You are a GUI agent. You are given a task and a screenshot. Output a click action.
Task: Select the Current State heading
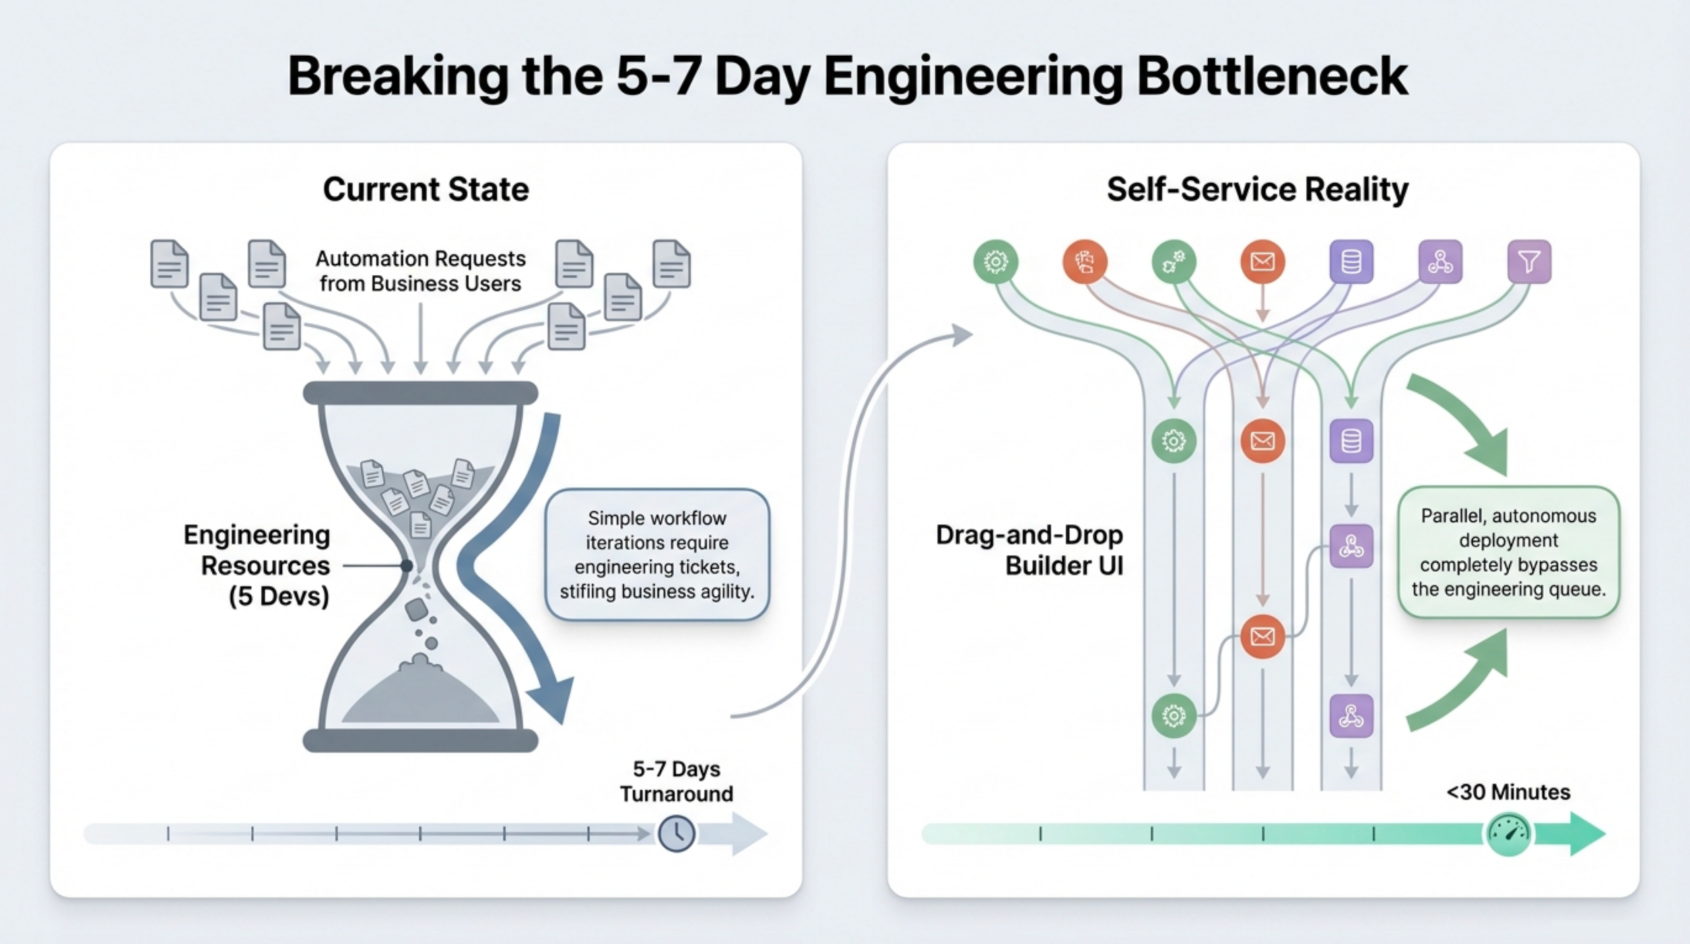point(426,190)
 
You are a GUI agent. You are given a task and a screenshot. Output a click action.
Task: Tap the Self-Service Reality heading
point(1257,190)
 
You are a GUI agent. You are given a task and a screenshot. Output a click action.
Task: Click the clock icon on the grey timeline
point(676,834)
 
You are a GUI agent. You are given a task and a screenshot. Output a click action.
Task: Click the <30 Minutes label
point(1508,792)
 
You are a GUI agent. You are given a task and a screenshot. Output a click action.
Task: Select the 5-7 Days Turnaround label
point(676,781)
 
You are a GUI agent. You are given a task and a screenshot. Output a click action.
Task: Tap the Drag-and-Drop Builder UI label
point(1030,550)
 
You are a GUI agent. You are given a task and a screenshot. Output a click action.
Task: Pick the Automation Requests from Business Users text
point(421,271)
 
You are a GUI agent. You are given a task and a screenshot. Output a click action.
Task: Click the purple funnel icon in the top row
point(1529,262)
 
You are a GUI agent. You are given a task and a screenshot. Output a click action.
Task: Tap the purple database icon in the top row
point(1351,262)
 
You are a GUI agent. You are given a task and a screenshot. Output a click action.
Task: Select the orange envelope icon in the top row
point(1262,262)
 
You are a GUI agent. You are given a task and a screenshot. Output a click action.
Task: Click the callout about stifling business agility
point(657,555)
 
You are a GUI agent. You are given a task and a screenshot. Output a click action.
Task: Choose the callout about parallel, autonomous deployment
point(1508,552)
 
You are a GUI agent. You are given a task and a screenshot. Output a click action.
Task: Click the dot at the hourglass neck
point(407,565)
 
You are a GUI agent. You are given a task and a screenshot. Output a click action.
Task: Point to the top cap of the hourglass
point(421,393)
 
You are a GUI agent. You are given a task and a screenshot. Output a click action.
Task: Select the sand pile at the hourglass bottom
point(421,694)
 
